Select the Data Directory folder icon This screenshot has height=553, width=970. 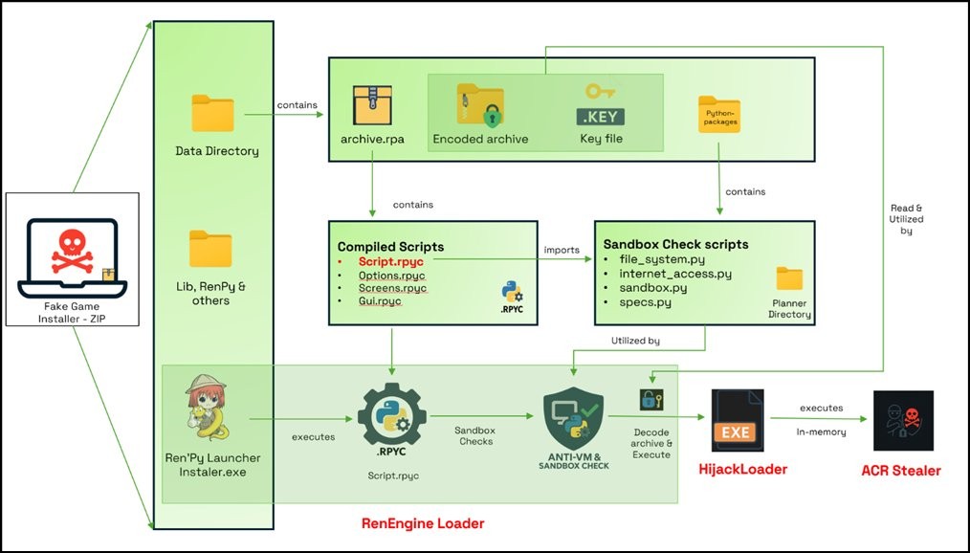212,113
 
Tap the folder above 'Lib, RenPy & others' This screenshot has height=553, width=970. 210,249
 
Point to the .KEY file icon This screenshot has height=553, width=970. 601,106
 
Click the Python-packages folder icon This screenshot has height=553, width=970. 719,115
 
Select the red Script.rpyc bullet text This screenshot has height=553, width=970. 391,260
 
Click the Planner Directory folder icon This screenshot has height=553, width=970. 789,278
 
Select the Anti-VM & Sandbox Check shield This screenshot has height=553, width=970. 573,418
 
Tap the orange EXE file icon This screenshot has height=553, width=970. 737,420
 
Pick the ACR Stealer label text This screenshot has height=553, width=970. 902,470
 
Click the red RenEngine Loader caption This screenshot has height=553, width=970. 422,522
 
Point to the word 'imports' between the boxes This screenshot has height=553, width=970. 562,250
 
